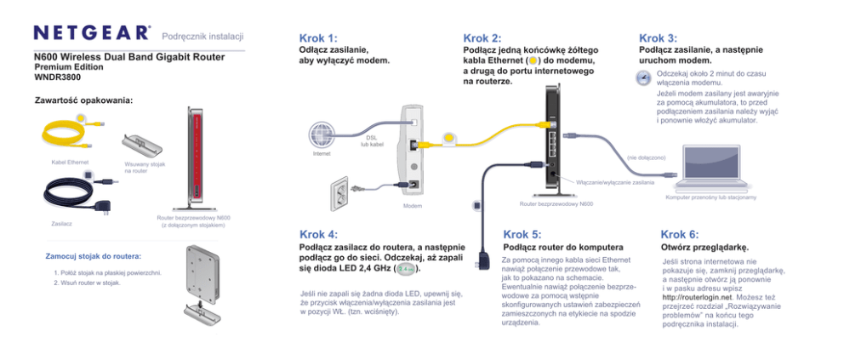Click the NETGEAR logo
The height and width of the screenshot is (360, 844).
(x=91, y=33)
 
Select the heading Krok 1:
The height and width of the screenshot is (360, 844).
(x=318, y=38)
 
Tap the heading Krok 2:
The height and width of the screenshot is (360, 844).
(x=482, y=38)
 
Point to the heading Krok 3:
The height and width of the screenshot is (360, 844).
(x=658, y=38)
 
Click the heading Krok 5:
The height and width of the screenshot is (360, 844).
(x=522, y=234)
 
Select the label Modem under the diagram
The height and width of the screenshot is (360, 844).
(x=412, y=206)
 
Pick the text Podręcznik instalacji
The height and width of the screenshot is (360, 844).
(x=202, y=35)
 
